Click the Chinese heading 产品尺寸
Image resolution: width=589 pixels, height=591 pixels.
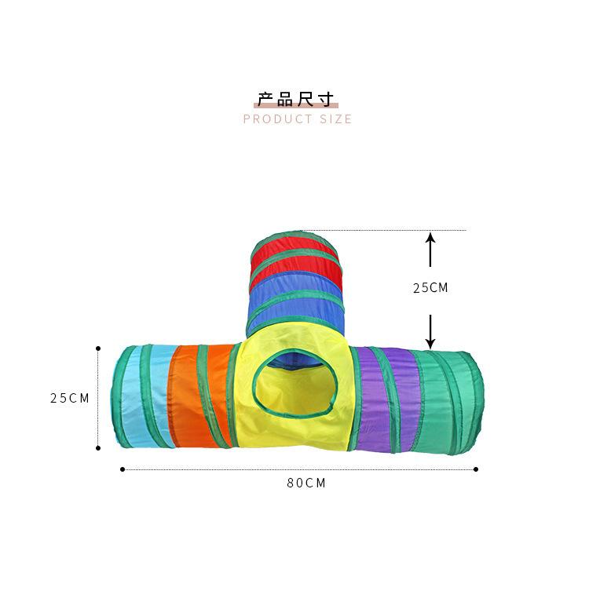[296, 99]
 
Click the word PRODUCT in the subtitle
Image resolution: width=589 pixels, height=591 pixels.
[278, 119]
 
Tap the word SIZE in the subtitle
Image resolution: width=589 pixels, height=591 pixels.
[336, 119]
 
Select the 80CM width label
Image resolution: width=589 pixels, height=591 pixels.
[305, 483]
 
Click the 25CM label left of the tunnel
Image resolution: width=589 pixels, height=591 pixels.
[70, 398]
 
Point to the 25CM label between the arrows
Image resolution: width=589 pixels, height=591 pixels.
[430, 288]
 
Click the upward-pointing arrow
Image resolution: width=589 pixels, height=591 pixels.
[430, 250]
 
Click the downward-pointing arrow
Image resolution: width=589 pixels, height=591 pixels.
[430, 332]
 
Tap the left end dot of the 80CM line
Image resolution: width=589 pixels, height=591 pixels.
[123, 469]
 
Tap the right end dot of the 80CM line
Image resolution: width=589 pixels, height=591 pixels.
[476, 469]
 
